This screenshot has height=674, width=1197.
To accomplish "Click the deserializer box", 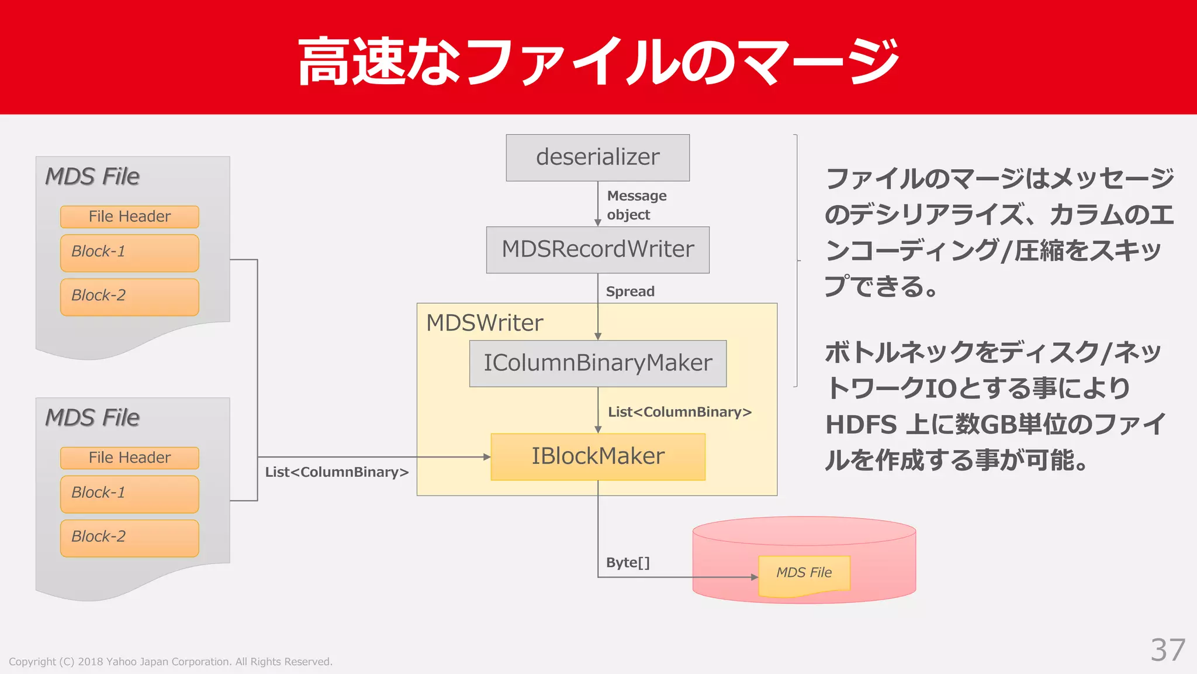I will coord(597,157).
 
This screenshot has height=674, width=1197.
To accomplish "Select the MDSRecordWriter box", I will coord(597,250).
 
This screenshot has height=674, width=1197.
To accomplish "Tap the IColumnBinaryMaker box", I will coord(597,363).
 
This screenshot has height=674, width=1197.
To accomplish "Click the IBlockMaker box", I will coord(597,456).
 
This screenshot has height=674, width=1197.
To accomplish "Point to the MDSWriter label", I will coord(485,323).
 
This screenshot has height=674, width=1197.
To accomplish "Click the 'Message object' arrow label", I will coord(636,205).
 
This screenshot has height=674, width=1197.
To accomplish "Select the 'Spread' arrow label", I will coord(629,291).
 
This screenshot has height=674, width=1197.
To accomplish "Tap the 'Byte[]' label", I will coord(627,562).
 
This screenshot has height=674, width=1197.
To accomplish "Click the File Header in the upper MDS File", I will coord(129,216).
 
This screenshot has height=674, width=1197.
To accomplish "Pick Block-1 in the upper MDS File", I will coord(129,253).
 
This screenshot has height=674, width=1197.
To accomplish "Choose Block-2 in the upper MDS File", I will coord(129,297).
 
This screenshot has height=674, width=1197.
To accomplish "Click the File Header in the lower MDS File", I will coord(129,458).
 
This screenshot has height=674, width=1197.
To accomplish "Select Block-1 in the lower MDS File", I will coord(129,494).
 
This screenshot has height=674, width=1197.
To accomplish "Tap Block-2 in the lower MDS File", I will coord(129,538).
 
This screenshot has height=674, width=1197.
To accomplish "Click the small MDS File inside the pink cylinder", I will coord(804,573).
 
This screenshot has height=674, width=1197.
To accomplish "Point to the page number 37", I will coord(1167,650).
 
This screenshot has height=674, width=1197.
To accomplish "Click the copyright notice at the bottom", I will coord(170,662).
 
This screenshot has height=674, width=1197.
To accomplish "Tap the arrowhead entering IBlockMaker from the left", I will coord(487,457).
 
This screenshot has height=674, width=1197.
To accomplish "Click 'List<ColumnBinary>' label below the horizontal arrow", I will coord(337,472).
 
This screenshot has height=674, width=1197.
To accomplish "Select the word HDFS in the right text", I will coord(860,425).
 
